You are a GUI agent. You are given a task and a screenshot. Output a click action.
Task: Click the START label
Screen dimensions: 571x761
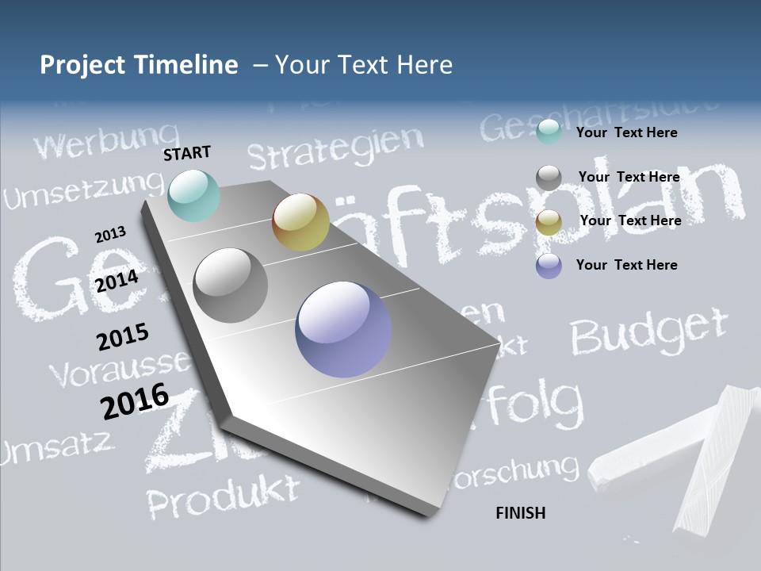coord(187,153)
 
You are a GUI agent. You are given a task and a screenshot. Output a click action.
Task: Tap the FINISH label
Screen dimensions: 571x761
coord(521,513)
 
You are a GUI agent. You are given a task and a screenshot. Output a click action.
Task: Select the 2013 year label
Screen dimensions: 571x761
coord(110,235)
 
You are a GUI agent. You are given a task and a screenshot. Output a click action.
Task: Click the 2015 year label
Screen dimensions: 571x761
coord(123,337)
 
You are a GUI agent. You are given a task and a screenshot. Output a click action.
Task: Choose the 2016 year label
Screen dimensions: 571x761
coord(135,400)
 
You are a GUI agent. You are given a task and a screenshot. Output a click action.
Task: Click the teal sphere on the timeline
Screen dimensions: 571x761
coord(194,196)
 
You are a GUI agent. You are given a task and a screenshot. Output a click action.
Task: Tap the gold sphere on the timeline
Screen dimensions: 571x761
coord(300,222)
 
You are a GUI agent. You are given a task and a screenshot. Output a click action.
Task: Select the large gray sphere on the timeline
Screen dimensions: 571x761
coord(231,285)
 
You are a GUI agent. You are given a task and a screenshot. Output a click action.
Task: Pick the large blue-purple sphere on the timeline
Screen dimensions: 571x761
coord(343,329)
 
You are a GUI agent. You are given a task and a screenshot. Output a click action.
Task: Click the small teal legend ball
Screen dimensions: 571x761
coord(549,132)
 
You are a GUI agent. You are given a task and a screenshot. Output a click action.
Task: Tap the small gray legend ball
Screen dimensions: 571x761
coord(549,178)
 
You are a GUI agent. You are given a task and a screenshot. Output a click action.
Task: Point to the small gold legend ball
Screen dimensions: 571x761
coord(549,223)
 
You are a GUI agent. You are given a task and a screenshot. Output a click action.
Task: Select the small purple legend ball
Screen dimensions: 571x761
coord(549,266)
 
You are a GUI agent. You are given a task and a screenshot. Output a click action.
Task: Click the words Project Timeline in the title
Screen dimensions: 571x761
coord(139,65)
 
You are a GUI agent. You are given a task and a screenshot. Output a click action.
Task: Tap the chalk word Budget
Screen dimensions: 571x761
coord(648,331)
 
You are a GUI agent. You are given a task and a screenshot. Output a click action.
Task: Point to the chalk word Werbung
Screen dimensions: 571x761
coord(106,142)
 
